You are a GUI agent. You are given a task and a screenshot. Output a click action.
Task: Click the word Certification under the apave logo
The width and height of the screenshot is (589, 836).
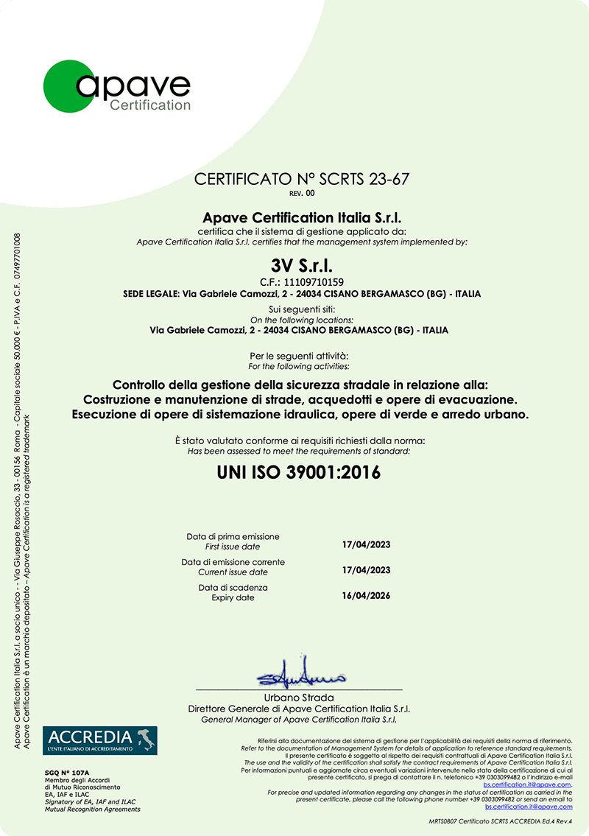tap(149, 105)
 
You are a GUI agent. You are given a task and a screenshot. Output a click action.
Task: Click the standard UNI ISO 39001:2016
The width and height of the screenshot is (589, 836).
tap(299, 472)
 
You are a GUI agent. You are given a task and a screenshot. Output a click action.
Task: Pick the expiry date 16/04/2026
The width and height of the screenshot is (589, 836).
tap(366, 596)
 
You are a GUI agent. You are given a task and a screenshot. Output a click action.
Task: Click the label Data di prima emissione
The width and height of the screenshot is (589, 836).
tap(233, 536)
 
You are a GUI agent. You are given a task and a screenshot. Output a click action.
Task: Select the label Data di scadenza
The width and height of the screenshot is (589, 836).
tap(233, 587)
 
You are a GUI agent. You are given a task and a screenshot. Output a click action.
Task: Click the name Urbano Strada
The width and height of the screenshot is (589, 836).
tap(299, 698)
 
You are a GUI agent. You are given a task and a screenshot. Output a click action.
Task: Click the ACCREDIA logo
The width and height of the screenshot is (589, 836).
tap(99, 740)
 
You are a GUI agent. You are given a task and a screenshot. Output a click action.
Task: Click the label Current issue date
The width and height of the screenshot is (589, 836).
tap(233, 572)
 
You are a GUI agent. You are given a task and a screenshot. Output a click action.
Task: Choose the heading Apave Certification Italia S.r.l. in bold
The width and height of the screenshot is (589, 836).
tap(302, 217)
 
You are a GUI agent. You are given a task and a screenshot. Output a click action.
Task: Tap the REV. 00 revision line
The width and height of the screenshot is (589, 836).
tap(302, 193)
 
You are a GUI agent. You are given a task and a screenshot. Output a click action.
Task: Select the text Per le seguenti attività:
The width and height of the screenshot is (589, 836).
tap(299, 356)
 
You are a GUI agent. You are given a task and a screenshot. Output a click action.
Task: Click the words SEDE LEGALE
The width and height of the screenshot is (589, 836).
tap(150, 294)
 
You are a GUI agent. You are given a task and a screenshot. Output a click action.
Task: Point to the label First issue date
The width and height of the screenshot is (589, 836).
tap(233, 547)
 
